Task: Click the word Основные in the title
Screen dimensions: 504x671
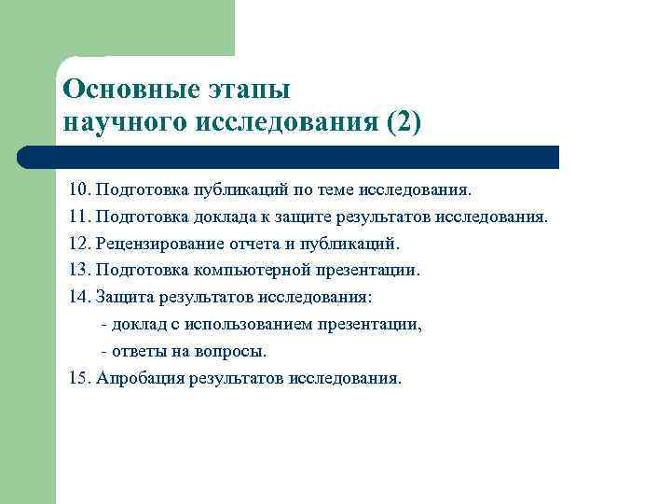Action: tap(119, 90)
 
